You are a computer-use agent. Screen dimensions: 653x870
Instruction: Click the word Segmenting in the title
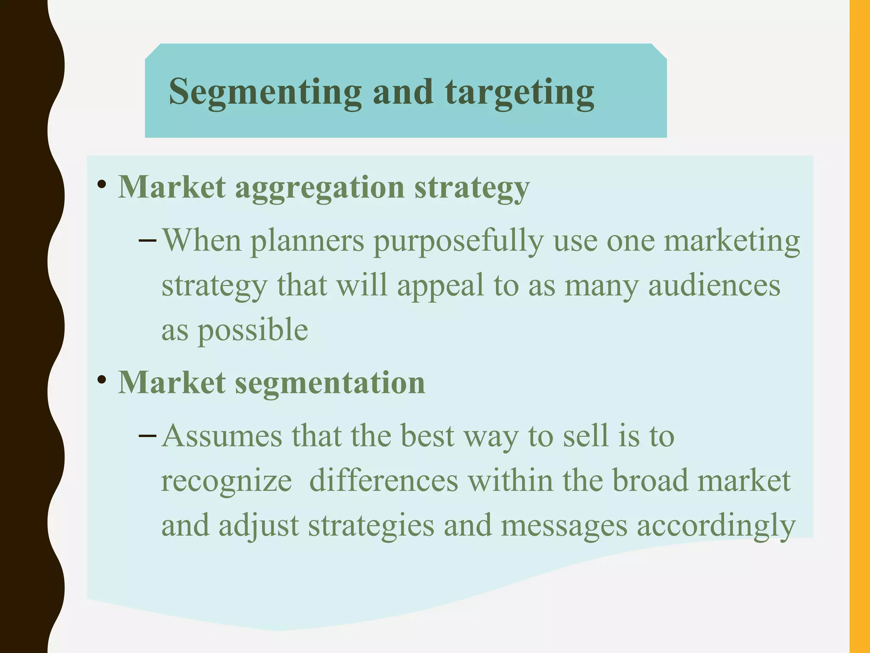[x=265, y=92]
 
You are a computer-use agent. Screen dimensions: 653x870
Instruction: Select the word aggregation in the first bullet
[x=319, y=188]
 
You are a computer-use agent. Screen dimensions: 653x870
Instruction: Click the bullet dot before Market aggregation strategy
[x=102, y=185]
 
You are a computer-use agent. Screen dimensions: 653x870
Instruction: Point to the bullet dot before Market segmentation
[x=102, y=380]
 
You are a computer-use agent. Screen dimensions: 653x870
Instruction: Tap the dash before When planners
[x=147, y=241]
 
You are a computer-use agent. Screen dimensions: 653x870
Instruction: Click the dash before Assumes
[x=147, y=436]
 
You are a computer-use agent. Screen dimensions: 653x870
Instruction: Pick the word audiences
[x=714, y=286]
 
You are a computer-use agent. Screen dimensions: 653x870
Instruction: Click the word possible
[x=253, y=331]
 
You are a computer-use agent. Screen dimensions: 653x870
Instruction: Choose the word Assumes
[x=222, y=436]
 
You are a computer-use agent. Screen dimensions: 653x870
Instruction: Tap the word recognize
[x=226, y=482]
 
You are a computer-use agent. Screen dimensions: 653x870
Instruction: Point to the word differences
[x=384, y=481]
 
